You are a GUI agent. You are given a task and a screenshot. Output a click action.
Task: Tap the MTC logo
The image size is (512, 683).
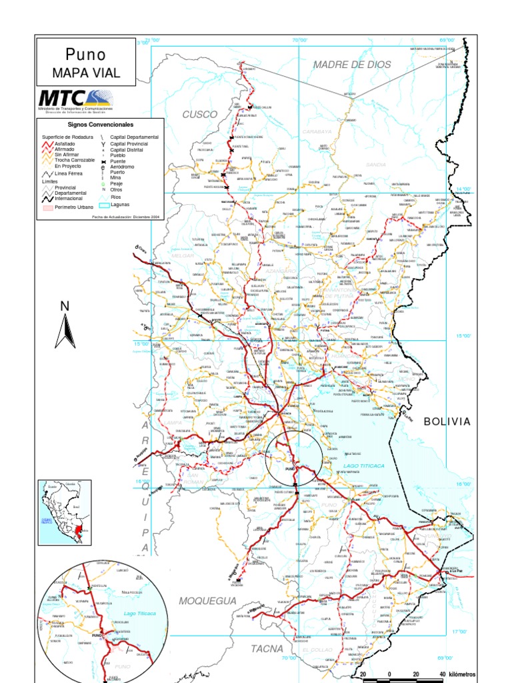pos(75,99)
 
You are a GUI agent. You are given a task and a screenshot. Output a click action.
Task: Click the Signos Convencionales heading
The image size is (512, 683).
pos(101,125)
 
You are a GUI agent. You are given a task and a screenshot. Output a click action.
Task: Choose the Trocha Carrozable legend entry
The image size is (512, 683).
pos(74,160)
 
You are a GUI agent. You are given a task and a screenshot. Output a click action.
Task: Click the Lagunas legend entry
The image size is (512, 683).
pos(120,204)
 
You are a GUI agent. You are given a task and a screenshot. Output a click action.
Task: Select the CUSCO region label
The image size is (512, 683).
pos(200,114)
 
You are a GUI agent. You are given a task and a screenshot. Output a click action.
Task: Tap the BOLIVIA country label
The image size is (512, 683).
pos(447,422)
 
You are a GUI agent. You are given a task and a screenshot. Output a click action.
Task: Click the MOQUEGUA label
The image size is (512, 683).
pos(207,601)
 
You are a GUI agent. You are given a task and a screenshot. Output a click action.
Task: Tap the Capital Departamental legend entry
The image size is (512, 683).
pos(134,137)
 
